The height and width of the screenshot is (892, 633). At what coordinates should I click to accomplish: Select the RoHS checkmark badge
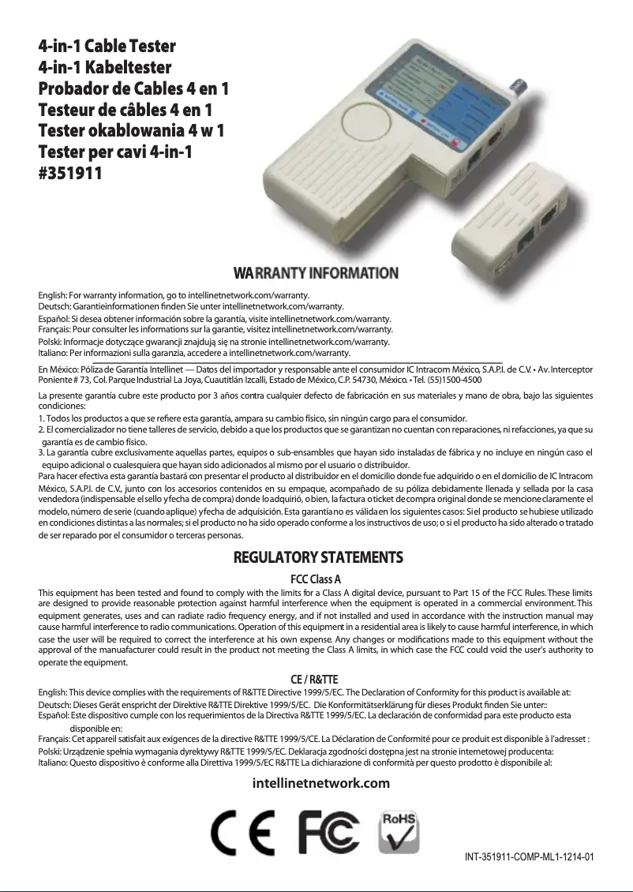coord(399,831)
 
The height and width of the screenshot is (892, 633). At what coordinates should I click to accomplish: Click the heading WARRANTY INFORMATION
coord(316,273)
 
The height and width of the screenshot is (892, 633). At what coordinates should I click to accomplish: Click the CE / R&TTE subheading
coord(315,678)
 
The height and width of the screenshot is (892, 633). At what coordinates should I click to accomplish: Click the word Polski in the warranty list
coord(51,342)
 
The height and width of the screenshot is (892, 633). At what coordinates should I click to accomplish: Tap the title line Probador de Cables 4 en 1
coord(134,88)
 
